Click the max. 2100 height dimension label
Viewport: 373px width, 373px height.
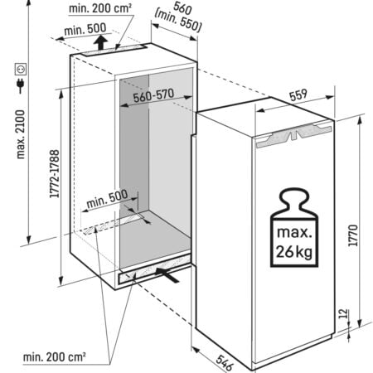pyautogui.click(x=21, y=134)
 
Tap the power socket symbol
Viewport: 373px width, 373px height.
pyautogui.click(x=21, y=69)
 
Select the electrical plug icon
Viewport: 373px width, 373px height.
pyautogui.click(x=21, y=85)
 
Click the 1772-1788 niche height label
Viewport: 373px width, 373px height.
pyautogui.click(x=55, y=174)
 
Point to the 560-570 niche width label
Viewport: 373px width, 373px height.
pyautogui.click(x=153, y=95)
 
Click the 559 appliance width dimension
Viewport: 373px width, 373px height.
pyautogui.click(x=298, y=94)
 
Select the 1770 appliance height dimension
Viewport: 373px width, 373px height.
pyautogui.click(x=353, y=235)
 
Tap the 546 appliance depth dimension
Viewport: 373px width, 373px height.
pyautogui.click(x=225, y=363)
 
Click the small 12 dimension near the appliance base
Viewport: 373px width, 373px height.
pyautogui.click(x=343, y=313)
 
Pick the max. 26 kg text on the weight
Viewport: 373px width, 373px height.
pyautogui.click(x=294, y=242)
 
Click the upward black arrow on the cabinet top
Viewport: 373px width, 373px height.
pyautogui.click(x=101, y=43)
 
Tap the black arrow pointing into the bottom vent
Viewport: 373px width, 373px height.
pyautogui.click(x=168, y=274)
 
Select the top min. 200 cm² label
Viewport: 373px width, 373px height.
pyautogui.click(x=100, y=8)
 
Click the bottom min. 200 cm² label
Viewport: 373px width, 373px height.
pyautogui.click(x=54, y=356)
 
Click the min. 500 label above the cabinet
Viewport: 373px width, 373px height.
pyautogui.click(x=85, y=29)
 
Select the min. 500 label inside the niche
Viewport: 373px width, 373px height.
pyautogui.click(x=107, y=199)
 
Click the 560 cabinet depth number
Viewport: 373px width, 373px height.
pyautogui.click(x=182, y=8)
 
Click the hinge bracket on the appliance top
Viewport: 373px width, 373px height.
pyautogui.click(x=294, y=135)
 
